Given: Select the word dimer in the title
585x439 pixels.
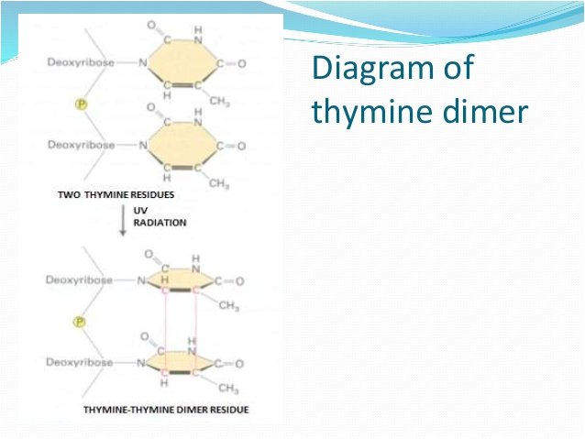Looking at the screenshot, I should (489, 111).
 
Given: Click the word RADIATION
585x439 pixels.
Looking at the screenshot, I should (160, 222).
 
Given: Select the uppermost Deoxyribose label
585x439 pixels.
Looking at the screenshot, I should (80, 62).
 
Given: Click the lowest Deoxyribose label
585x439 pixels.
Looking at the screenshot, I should (80, 363).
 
